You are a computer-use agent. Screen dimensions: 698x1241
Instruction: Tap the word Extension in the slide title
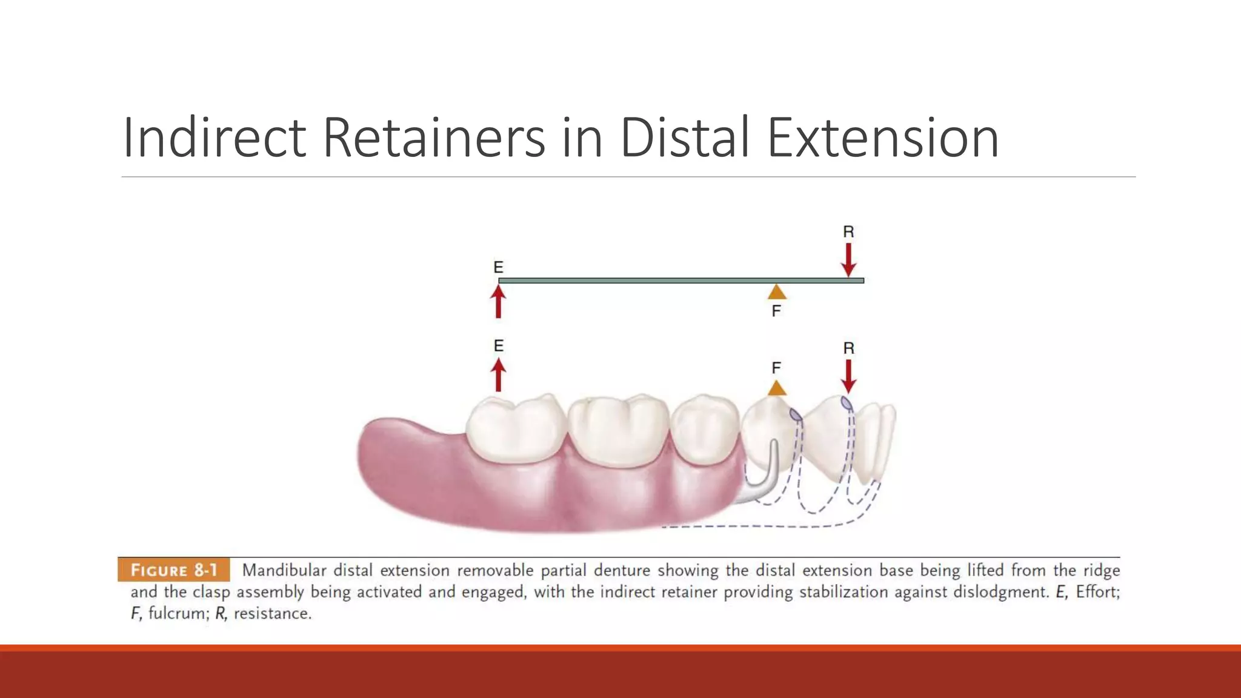coord(882,138)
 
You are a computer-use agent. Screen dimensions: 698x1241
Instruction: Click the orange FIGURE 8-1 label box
coord(174,570)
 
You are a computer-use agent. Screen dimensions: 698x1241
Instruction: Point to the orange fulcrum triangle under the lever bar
coord(777,293)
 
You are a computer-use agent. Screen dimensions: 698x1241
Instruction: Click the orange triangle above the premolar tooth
coord(777,388)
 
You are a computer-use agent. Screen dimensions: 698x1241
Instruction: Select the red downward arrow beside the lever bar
coord(848,260)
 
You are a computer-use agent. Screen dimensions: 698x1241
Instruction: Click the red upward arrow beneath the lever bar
coord(498,302)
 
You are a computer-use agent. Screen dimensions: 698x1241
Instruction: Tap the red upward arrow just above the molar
coord(498,375)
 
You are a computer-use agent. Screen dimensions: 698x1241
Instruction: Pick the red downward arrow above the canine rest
coord(848,376)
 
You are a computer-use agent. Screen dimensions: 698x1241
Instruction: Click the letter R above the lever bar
coord(848,231)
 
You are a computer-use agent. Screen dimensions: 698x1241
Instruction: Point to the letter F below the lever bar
coord(776,311)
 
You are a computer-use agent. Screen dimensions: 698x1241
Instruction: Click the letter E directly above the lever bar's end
coord(498,267)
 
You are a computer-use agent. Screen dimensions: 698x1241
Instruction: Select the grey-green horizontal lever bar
coord(667,281)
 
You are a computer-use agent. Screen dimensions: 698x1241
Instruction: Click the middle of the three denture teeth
coord(618,430)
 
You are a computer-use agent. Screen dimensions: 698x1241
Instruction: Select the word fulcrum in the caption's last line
coord(176,613)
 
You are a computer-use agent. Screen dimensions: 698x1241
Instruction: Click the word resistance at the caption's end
coord(272,613)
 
